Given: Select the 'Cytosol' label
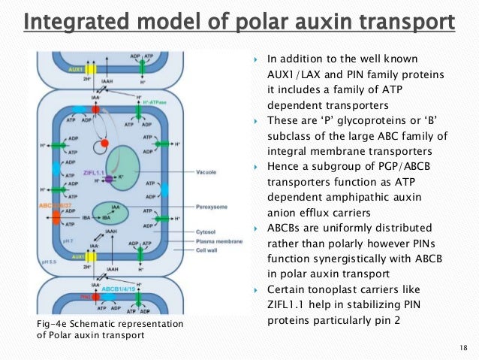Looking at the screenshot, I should pos(207,233).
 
